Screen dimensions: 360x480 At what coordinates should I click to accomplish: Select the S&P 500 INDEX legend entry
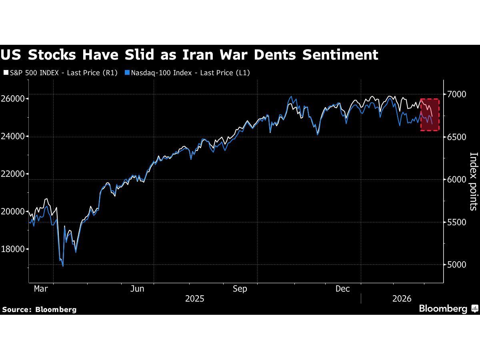[x=60, y=73]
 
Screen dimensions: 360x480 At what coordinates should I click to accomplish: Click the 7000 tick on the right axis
[x=457, y=94]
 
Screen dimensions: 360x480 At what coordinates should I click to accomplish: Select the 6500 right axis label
[x=457, y=137]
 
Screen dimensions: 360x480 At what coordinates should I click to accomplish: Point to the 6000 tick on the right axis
[x=457, y=180]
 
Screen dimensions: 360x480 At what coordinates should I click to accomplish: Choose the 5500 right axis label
[x=457, y=222]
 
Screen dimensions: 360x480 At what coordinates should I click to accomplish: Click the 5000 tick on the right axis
[x=457, y=265]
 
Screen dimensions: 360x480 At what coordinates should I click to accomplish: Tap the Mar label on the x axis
[x=41, y=289]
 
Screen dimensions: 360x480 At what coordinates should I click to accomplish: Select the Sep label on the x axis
[x=240, y=289]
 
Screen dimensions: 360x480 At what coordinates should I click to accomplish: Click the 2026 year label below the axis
[x=402, y=299]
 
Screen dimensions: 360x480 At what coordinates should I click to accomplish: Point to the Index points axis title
[x=473, y=181]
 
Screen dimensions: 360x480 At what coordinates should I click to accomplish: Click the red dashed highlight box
[x=430, y=114]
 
